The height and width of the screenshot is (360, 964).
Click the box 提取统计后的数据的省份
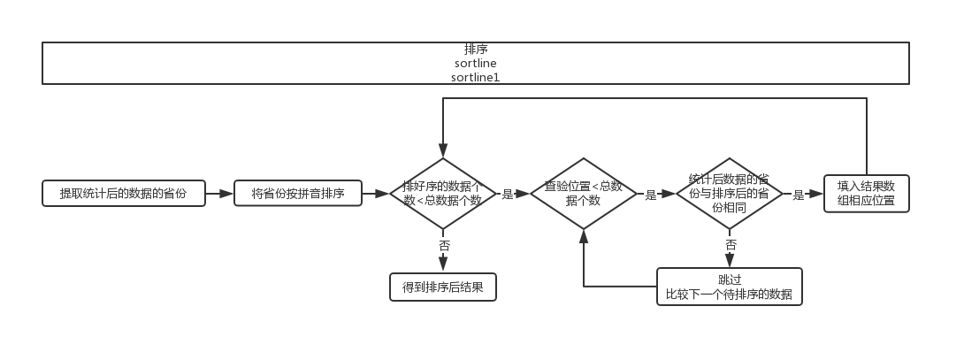[x=123, y=194]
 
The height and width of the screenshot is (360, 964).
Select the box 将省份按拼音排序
[x=298, y=194]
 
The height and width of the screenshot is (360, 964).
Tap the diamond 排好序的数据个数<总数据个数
[x=442, y=194]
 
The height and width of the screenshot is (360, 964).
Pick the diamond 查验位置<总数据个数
[x=583, y=194]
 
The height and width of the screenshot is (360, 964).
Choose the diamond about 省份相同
[x=729, y=194]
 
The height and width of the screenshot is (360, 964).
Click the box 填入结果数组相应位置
[x=866, y=193]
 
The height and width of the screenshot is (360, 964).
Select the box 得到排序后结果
[x=442, y=287]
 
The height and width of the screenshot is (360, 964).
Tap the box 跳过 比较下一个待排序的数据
[x=729, y=287]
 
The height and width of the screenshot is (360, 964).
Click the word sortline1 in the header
[x=475, y=77]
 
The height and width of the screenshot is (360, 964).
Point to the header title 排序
[x=475, y=50]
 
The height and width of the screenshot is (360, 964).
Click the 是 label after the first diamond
[x=507, y=195]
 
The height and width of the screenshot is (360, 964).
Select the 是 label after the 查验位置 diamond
[x=651, y=195]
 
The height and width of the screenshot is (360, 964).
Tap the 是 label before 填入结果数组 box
[x=798, y=195]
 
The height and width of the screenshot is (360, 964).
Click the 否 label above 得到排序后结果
[x=443, y=245]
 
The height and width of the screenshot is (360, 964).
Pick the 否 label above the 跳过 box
[x=731, y=244]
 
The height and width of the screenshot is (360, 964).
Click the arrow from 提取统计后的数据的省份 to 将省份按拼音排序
[x=219, y=194]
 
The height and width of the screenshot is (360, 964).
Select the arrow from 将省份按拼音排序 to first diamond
[x=376, y=194]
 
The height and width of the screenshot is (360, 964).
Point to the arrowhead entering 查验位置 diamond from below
[x=583, y=234]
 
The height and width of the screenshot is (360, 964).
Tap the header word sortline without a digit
[x=475, y=64]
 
